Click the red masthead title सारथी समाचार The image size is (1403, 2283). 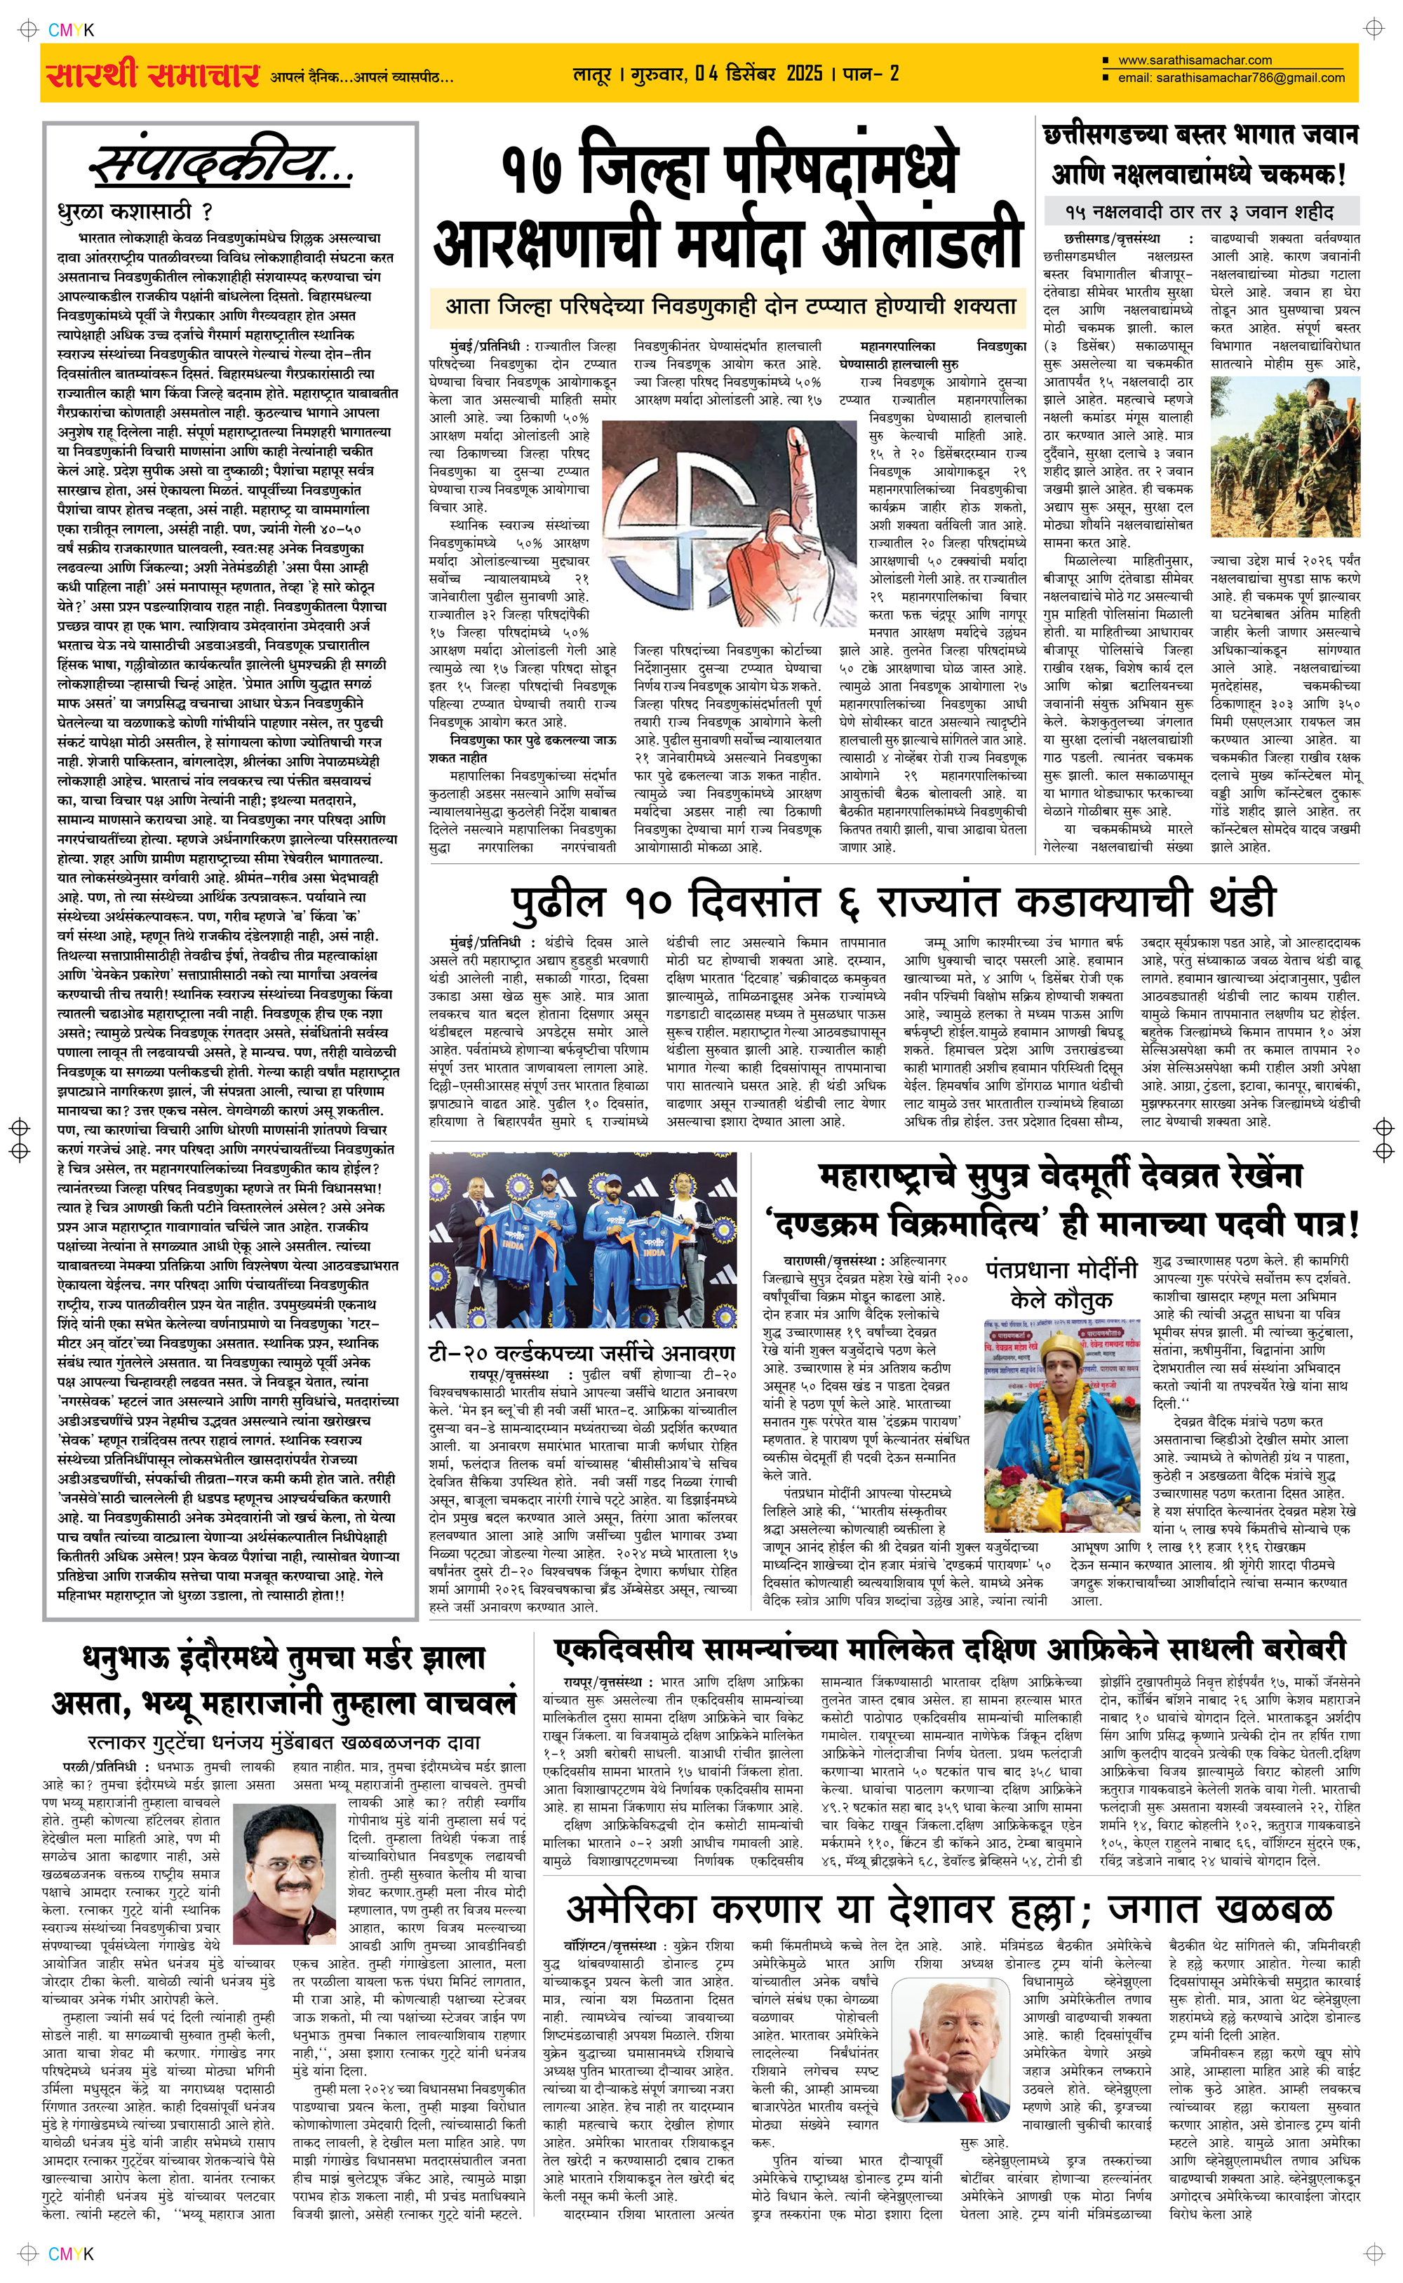click(x=153, y=74)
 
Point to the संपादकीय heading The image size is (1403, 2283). click(x=221, y=164)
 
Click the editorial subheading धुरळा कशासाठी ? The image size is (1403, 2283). click(x=135, y=211)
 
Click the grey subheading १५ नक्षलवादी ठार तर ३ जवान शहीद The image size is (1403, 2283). click(x=1199, y=211)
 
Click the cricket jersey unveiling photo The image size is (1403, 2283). click(x=583, y=1239)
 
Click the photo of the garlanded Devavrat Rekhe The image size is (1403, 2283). click(x=1061, y=1420)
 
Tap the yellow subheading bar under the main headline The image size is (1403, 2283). click(x=730, y=306)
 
